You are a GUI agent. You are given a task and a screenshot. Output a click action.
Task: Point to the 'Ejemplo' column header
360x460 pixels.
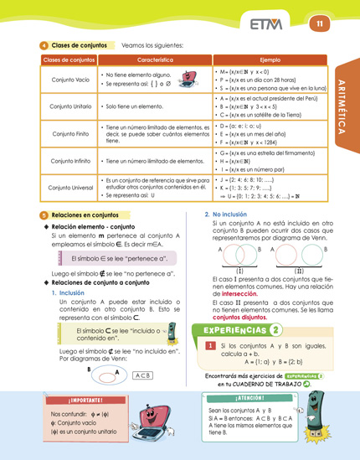point(270,61)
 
